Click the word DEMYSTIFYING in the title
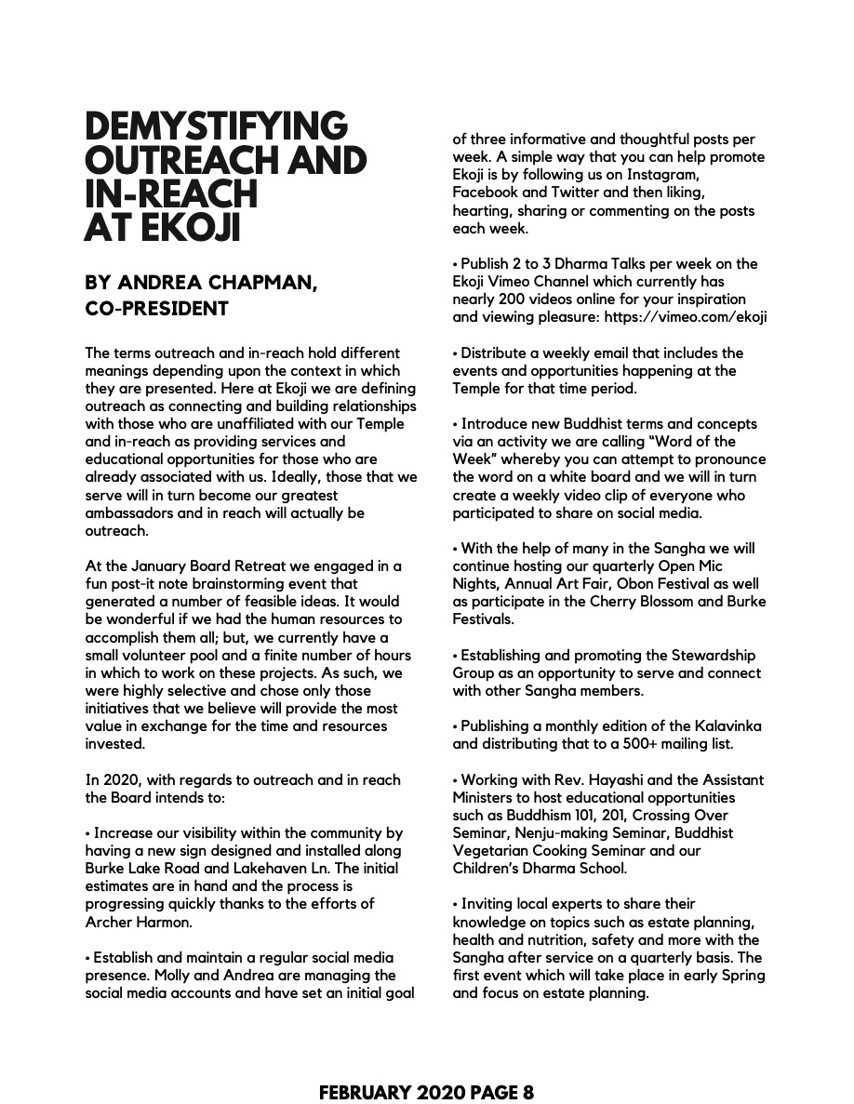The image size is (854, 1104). tap(216, 126)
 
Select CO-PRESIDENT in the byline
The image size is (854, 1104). tap(156, 309)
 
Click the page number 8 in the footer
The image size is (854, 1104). tap(527, 1093)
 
